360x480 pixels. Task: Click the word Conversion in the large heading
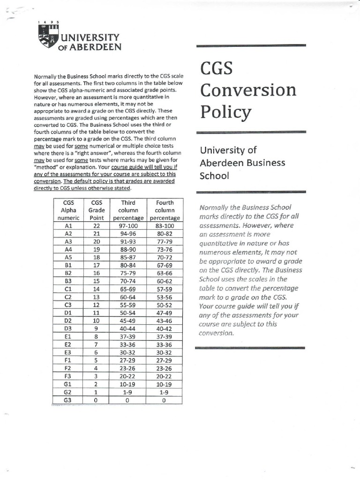point(248,90)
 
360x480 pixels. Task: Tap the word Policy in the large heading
point(226,112)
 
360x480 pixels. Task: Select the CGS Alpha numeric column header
point(68,210)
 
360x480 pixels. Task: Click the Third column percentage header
point(128,210)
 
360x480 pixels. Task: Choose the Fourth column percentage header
point(165,210)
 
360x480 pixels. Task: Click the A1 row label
point(68,225)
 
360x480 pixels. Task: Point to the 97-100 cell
point(128,225)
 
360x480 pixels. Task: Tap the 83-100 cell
point(165,225)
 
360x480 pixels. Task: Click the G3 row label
point(68,400)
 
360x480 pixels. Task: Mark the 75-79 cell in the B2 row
point(128,273)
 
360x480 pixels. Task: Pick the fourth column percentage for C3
point(165,305)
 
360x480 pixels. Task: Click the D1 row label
point(68,313)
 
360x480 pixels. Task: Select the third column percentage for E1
point(128,337)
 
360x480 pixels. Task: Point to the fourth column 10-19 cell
point(165,384)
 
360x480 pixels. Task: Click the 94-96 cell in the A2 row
point(128,233)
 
